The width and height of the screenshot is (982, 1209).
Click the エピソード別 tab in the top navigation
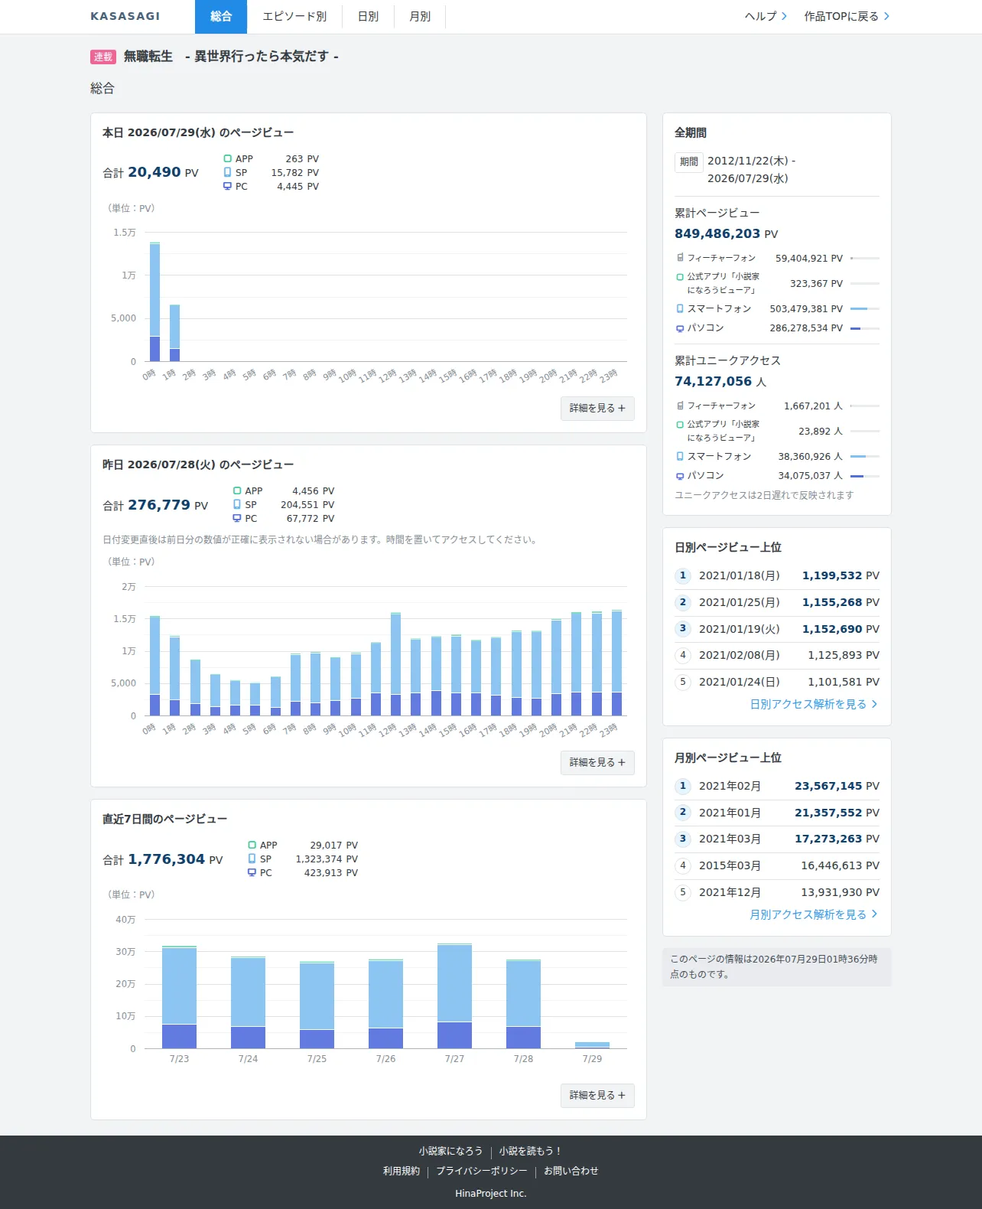click(x=294, y=17)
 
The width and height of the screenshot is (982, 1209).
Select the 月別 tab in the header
click(x=420, y=17)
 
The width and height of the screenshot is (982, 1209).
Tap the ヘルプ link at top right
click(x=766, y=17)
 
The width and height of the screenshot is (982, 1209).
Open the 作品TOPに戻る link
click(x=847, y=17)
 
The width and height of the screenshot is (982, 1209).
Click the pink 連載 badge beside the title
click(x=102, y=57)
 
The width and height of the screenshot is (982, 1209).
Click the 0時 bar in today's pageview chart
click(x=155, y=302)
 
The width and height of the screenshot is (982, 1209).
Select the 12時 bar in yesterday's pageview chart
click(x=395, y=664)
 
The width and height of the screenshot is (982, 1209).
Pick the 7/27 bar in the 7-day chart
click(x=454, y=996)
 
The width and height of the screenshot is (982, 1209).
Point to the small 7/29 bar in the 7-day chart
click(x=592, y=1045)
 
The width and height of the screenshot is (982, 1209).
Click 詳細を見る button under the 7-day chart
click(x=597, y=1095)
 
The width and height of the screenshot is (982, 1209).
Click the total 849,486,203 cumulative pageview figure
click(x=717, y=233)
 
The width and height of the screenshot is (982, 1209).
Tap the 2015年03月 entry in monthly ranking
click(x=730, y=865)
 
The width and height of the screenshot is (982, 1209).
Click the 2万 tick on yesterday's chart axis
click(x=128, y=586)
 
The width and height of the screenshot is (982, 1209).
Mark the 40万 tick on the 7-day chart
click(x=125, y=919)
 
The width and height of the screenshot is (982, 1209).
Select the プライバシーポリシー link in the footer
click(x=482, y=1171)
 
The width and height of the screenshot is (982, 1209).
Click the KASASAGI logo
click(x=125, y=17)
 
